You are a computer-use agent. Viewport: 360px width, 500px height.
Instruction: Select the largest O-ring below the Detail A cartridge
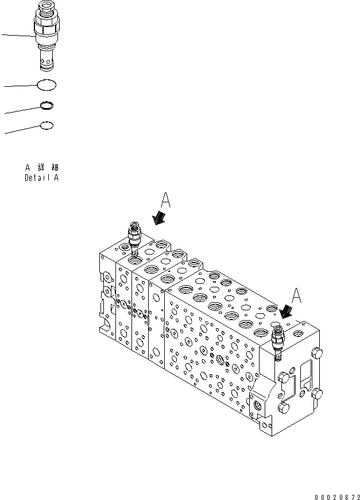tap(47, 86)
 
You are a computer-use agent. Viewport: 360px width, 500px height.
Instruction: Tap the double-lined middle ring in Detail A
tap(47, 105)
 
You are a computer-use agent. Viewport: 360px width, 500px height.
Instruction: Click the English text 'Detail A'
tap(41, 178)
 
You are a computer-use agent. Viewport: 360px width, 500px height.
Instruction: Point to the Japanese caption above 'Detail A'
tap(41, 167)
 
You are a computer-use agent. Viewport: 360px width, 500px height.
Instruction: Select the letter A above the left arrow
tap(165, 201)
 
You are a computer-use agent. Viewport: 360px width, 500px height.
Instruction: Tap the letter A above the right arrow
tap(296, 295)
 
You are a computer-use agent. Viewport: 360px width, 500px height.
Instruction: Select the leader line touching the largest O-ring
tap(20, 86)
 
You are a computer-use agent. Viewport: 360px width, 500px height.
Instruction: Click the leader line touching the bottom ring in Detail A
tap(22, 129)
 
